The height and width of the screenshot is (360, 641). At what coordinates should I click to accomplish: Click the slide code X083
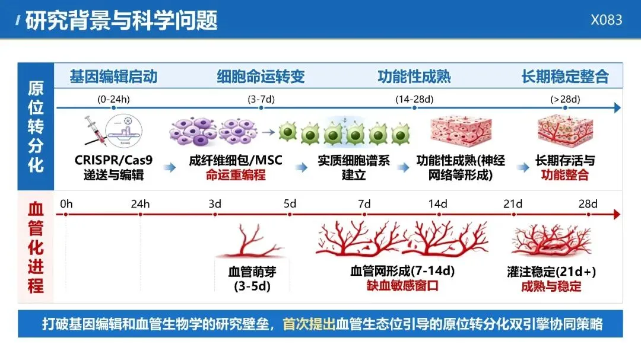click(606, 20)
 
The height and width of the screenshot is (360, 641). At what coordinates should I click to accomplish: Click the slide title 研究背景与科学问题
click(121, 20)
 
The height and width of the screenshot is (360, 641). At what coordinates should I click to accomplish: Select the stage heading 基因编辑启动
click(113, 77)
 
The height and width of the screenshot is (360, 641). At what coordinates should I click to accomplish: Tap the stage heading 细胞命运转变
click(261, 77)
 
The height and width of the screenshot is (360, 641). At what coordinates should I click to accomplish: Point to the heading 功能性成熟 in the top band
click(414, 77)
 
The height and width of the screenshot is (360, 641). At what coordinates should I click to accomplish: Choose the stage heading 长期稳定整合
click(565, 77)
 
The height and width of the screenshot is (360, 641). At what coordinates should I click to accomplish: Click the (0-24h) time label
click(113, 99)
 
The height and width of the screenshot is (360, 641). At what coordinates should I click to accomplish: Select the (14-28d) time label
click(414, 99)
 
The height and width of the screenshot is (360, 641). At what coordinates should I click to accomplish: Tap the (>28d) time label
click(565, 99)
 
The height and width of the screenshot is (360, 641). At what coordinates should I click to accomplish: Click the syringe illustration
click(95, 130)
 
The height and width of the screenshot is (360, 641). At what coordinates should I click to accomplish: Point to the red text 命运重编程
click(236, 175)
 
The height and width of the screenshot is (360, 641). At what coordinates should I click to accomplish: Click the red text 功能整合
click(565, 175)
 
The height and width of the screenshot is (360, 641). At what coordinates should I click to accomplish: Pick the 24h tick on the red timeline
click(140, 214)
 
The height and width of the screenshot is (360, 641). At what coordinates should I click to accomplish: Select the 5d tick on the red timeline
click(290, 214)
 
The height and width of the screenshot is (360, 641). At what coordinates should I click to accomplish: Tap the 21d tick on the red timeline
click(514, 214)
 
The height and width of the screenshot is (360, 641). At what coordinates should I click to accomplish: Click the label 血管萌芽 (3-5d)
click(252, 279)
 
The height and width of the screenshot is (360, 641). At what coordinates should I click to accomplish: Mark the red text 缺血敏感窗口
click(402, 285)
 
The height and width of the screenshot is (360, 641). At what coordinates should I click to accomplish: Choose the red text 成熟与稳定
click(551, 286)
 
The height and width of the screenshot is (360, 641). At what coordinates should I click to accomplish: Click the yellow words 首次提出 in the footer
click(309, 324)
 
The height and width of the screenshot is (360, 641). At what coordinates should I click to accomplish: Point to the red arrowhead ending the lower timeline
click(617, 214)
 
